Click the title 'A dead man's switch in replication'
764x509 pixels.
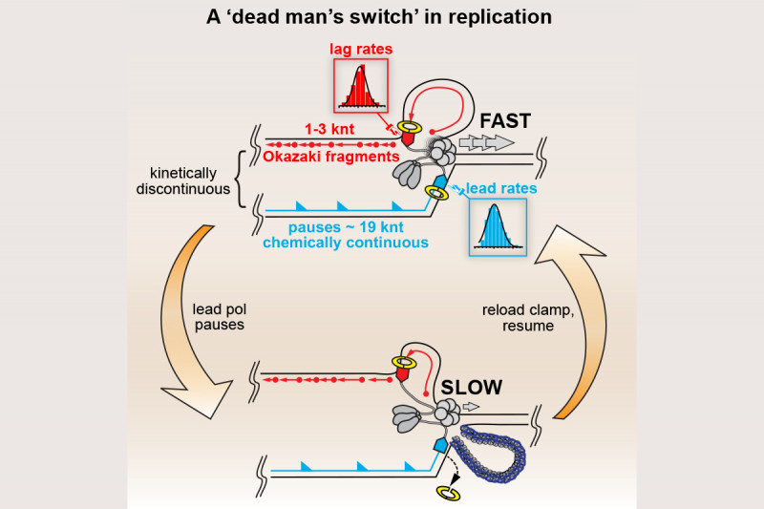pyautogui.click(x=382, y=17)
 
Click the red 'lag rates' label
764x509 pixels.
pyautogui.click(x=360, y=49)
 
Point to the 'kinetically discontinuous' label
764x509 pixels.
pyautogui.click(x=190, y=181)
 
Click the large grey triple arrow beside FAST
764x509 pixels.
pyautogui.click(x=485, y=141)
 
